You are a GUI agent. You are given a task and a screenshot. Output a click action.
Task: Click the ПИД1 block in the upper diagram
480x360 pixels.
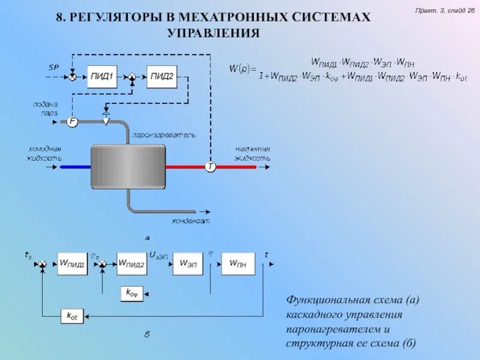pyautogui.click(x=102, y=77)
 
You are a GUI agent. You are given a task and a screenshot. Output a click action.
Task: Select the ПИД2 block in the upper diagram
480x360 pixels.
pyautogui.click(x=162, y=77)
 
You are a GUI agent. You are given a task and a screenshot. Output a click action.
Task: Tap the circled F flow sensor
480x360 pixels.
pyautogui.click(x=72, y=122)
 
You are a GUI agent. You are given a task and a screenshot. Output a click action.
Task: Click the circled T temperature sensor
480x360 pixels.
pyautogui.click(x=211, y=166)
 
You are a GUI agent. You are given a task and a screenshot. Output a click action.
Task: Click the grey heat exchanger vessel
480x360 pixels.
pyautogui.click(x=127, y=166)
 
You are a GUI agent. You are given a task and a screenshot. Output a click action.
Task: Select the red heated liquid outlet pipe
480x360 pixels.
pyautogui.click(x=186, y=167)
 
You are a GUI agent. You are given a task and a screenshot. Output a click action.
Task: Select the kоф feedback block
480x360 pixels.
pyautogui.click(x=132, y=293)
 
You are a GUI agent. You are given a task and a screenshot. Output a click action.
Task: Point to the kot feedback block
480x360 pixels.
pyautogui.click(x=72, y=316)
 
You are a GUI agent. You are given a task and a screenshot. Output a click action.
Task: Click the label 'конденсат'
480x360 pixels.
pyautogui.click(x=191, y=221)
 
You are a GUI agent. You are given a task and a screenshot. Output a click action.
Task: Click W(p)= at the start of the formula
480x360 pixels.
pyautogui.click(x=239, y=68)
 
